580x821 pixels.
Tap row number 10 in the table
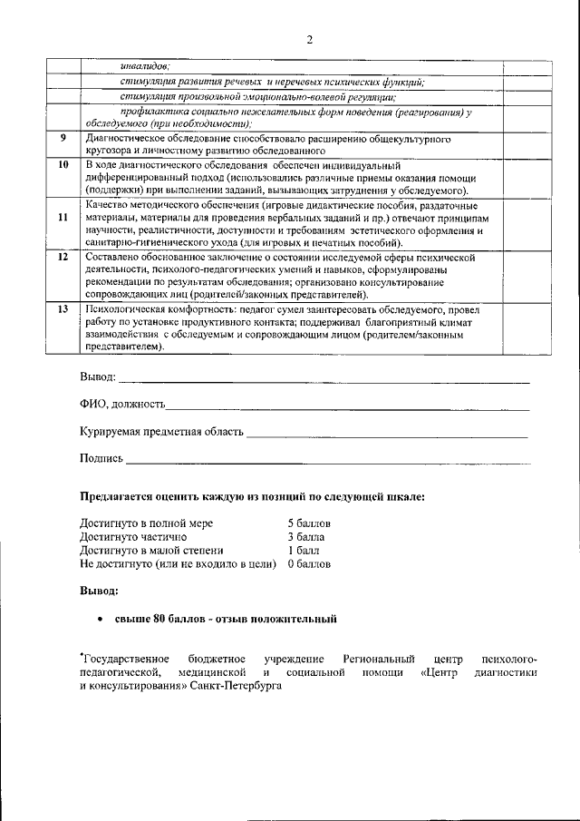(x=63, y=165)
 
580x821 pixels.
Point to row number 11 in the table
(x=63, y=218)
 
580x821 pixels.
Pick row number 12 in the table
(x=63, y=258)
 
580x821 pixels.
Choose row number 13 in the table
(x=63, y=309)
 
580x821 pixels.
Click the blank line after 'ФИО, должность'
(x=348, y=406)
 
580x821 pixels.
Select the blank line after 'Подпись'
(x=326, y=461)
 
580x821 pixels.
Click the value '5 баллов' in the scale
(x=309, y=524)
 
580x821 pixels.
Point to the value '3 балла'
(x=305, y=537)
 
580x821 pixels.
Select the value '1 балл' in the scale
(x=303, y=550)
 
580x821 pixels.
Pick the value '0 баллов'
(x=309, y=563)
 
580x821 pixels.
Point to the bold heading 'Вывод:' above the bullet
(x=98, y=591)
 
